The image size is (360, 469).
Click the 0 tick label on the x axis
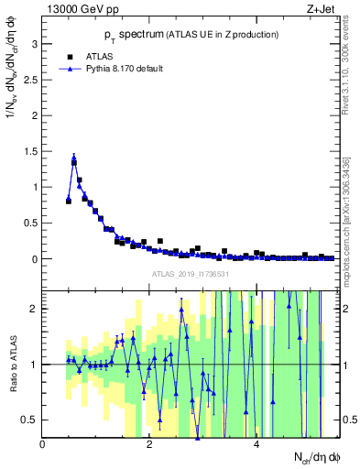coord(43,444)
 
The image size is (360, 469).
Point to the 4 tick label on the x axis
coord(256,444)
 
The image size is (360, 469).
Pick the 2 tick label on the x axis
coord(150,444)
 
